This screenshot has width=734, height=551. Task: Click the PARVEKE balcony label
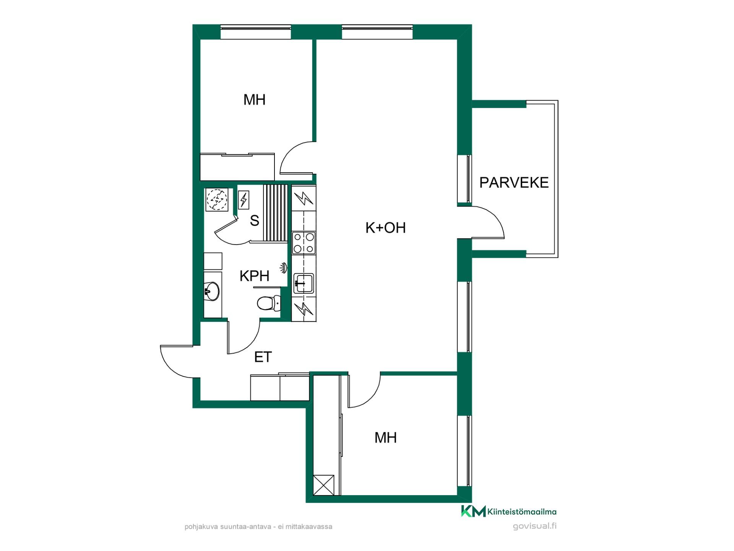(514, 183)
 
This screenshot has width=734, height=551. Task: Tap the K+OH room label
(385, 228)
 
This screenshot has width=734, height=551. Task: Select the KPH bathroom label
(254, 276)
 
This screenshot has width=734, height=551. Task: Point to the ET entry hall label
(263, 357)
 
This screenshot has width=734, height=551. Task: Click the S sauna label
(254, 221)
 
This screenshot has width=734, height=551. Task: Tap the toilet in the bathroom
(269, 303)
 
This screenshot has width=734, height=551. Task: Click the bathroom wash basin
(211, 291)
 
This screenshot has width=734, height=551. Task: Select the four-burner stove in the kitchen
(304, 243)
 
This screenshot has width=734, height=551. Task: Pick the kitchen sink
(304, 284)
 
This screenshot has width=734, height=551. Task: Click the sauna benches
(275, 213)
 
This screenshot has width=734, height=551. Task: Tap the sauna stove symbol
(244, 200)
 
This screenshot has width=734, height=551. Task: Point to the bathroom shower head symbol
(283, 268)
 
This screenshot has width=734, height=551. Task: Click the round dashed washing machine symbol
(217, 199)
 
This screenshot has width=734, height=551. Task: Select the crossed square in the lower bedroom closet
(323, 485)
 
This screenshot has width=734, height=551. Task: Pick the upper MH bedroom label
(255, 100)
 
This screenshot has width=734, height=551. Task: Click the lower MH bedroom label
(385, 438)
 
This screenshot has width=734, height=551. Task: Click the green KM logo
(473, 511)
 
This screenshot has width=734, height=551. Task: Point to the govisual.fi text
(534, 526)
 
